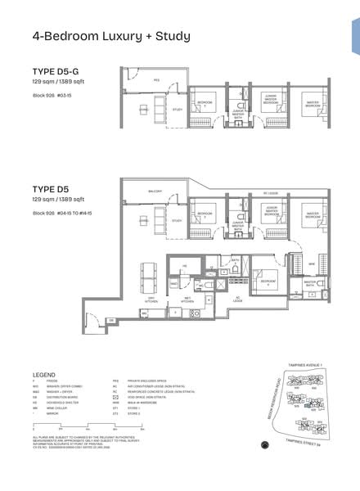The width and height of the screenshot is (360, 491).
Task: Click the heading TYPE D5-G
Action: [x=55, y=71]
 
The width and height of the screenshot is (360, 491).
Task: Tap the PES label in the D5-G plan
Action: [x=156, y=81]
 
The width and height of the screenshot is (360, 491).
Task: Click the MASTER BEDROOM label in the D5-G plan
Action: [x=312, y=105]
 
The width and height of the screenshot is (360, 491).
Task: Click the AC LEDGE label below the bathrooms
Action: [x=237, y=297]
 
